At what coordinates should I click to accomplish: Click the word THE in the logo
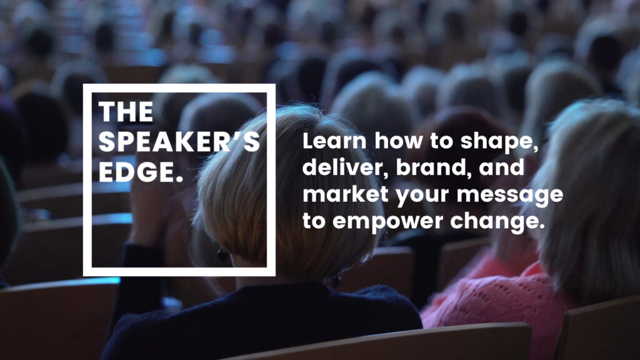(x=126, y=112)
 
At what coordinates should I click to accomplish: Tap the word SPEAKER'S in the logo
(x=179, y=142)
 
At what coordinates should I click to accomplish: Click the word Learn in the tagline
(x=334, y=141)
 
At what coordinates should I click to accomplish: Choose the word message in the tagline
(x=510, y=196)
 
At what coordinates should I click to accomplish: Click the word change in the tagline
(x=497, y=222)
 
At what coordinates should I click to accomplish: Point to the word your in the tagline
(x=422, y=197)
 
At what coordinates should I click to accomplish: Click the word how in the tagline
(x=398, y=141)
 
